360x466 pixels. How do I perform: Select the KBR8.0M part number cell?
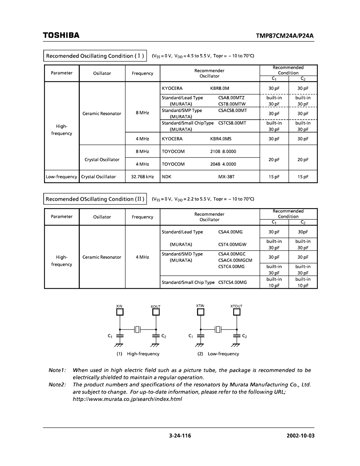pos(220,88)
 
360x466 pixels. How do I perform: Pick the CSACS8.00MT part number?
pos(233,110)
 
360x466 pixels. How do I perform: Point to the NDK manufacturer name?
pos(167,177)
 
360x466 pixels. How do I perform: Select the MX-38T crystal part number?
pos(227,177)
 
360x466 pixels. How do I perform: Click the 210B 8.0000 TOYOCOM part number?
pos(223,151)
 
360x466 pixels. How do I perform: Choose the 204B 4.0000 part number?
pos(223,164)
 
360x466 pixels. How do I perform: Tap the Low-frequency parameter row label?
pos(62,177)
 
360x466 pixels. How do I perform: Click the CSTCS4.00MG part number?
pos(233,283)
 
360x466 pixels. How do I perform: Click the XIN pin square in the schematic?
pos(120,312)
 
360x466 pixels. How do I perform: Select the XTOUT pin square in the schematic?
pos(237,312)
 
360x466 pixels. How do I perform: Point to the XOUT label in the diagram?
pos(155,307)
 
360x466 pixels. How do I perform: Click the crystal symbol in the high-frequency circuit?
pos(138,330)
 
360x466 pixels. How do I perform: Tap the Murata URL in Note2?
pos(127,399)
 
